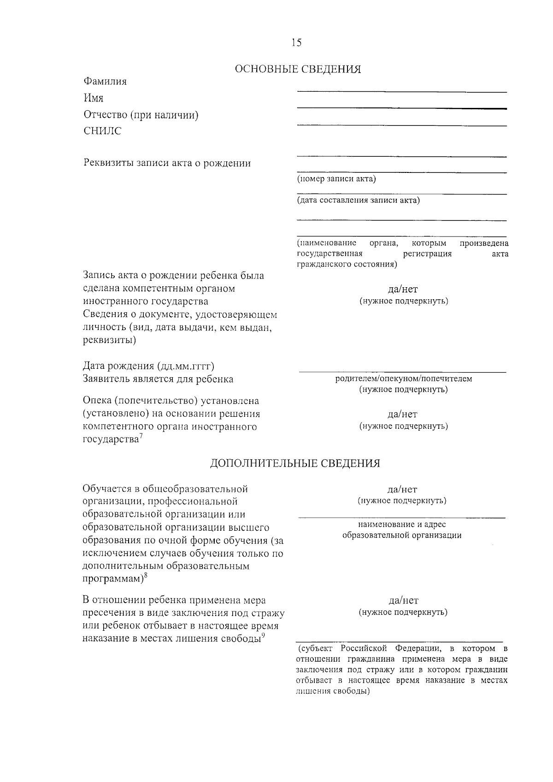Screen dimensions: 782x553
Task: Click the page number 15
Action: click(296, 43)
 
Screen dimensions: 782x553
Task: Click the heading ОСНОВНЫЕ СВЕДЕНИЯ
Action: click(298, 70)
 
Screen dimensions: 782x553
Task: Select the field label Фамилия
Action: click(105, 82)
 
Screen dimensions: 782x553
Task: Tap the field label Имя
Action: click(93, 98)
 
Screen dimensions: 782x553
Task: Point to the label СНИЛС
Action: click(102, 131)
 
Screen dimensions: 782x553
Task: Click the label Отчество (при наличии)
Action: click(141, 115)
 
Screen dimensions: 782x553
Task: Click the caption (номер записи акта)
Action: click(336, 179)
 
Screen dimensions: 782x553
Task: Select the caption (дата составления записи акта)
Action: click(358, 200)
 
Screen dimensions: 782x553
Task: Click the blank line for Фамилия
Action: click(401, 91)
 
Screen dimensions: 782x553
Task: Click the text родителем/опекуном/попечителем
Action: click(403, 379)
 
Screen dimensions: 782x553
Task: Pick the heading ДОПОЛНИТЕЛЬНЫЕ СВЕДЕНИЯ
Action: click(295, 463)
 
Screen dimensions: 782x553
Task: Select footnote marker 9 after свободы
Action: click(263, 636)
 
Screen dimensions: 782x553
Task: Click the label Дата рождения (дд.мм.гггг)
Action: click(148, 366)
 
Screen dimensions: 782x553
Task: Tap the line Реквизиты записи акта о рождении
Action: click(167, 163)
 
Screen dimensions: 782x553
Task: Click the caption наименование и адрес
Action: click(401, 524)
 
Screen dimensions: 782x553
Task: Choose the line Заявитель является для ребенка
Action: click(158, 379)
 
